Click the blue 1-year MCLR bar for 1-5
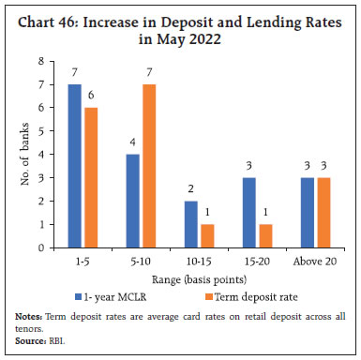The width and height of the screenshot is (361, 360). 75,166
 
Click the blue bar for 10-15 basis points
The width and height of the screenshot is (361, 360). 191,224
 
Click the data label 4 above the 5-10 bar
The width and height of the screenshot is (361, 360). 132,144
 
